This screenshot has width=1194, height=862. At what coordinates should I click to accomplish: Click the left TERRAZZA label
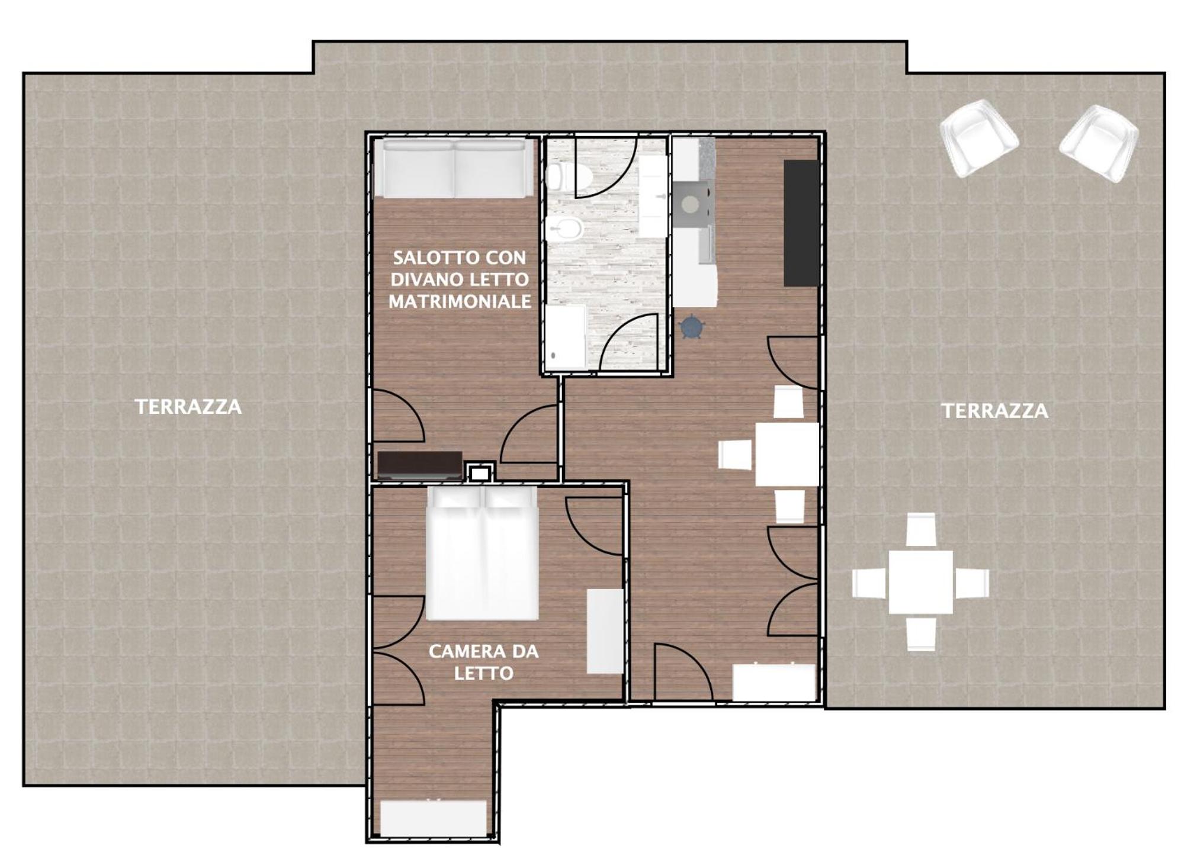click(188, 407)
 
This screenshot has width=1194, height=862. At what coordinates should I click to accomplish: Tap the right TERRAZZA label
click(995, 411)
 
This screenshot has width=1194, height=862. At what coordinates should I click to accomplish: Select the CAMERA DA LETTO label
click(483, 662)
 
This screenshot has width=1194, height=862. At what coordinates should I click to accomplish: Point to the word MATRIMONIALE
click(460, 302)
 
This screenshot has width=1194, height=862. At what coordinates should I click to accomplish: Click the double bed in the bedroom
click(483, 553)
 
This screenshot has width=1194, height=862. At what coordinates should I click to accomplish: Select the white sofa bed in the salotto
click(453, 168)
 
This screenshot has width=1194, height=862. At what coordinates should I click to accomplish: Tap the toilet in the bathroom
click(569, 176)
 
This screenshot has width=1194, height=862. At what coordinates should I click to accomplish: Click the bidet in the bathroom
click(564, 228)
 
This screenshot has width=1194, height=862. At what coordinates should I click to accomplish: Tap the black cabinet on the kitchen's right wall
click(802, 223)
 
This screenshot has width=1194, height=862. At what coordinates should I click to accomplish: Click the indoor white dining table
click(787, 454)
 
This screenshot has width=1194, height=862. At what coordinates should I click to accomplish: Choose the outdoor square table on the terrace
click(920, 583)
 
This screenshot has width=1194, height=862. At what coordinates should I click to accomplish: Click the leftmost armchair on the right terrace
click(978, 137)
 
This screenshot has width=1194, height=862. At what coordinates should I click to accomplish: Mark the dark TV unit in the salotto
click(420, 465)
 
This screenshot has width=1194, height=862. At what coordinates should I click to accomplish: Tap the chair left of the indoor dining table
click(736, 455)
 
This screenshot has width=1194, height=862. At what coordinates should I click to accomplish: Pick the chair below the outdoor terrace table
click(921, 634)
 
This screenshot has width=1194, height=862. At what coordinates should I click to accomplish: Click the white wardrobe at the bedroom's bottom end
click(434, 818)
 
